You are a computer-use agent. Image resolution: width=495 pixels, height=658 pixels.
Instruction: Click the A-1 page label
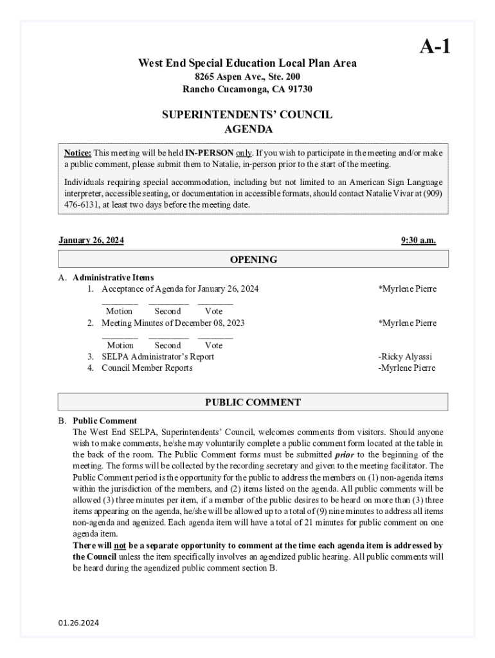[435, 46]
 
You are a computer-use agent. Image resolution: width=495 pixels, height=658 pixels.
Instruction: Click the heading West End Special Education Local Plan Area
[248, 63]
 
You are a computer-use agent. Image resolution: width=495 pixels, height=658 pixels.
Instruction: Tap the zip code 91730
[299, 89]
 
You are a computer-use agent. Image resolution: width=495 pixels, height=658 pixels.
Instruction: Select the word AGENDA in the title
[248, 129]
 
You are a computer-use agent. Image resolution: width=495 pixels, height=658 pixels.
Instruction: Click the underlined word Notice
[77, 153]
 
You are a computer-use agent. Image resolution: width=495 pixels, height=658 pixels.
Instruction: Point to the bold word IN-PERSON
[209, 153]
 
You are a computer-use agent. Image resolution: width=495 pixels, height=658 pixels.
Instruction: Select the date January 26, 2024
[91, 240]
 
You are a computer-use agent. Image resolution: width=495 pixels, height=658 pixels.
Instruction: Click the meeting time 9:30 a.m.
[418, 240]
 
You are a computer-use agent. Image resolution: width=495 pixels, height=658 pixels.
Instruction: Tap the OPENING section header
[253, 260]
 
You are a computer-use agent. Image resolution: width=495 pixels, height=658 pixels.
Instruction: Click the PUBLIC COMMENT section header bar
[253, 402]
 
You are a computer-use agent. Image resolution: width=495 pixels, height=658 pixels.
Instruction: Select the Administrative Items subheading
[113, 278]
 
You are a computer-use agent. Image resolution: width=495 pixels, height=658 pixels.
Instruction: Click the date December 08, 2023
[210, 323]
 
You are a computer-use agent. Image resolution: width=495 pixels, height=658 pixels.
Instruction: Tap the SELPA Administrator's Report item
[157, 357]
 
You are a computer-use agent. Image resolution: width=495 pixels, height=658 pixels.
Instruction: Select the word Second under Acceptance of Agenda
[168, 311]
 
